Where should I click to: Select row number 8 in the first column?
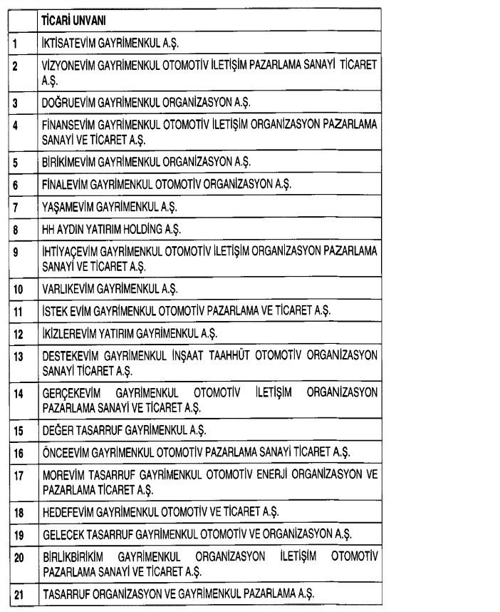16,230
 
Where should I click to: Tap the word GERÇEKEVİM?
71,393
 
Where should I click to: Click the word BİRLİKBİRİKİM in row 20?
82,555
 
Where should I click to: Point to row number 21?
19,593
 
